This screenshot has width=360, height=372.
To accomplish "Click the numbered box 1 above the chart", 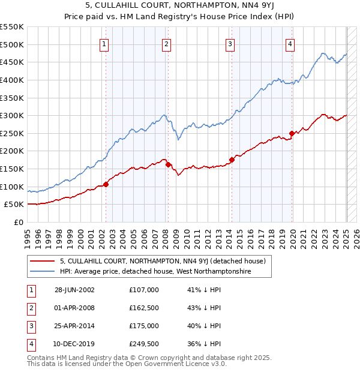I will (104, 43).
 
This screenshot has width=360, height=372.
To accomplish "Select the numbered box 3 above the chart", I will (230, 43).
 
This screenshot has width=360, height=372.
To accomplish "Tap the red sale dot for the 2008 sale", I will (168, 164).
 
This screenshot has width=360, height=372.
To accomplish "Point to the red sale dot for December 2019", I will (292, 133).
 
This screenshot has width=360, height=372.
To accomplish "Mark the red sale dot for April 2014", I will (232, 160).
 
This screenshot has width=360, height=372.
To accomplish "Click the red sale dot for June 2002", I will (106, 184).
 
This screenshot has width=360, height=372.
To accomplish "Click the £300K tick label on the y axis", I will (12, 115).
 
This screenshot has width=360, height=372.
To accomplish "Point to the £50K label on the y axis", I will (14, 205).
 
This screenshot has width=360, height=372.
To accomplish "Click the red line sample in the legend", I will (42, 261).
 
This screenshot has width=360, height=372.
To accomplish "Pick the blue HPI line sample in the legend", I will (42, 272).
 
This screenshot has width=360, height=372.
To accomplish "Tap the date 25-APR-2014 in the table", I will (74, 326).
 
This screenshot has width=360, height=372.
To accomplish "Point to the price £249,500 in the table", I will (144, 344).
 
